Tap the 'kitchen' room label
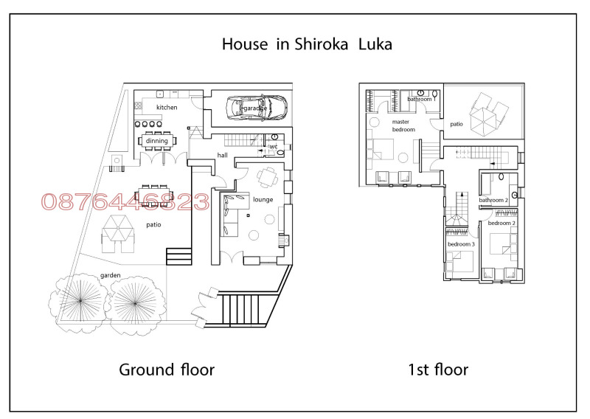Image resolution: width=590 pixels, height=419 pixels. tap(167, 108)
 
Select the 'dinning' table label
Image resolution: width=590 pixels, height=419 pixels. tap(156, 141)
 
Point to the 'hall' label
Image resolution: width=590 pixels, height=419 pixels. tap(222, 156)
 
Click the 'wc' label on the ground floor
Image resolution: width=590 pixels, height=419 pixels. tap(273, 147)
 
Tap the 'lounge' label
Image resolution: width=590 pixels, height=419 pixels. tap(263, 199)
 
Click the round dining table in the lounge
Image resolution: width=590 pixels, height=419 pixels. tap(266, 176)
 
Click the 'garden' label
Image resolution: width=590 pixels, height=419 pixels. tap(110, 275)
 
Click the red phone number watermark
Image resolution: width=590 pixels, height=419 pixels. tap(125, 202)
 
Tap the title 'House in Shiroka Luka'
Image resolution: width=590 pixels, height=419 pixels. tap(307, 44)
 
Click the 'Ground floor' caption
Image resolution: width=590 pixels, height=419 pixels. tap(167, 369)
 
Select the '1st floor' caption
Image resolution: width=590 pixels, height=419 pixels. tap(437, 369)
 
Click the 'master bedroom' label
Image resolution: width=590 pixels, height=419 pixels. tap(403, 125)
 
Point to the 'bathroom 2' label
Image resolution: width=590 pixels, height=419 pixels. tap(493, 200)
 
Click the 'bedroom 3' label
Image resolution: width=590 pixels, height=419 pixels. tap(461, 243)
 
